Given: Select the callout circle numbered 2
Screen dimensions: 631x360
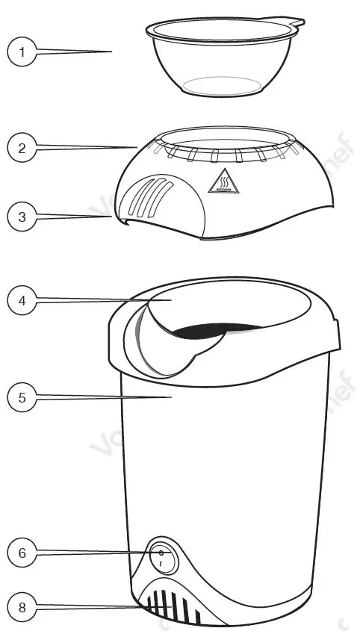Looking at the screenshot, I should coord(22,148).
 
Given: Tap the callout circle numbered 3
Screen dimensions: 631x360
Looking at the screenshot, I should coord(22,217).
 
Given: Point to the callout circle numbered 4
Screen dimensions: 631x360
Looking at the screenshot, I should coord(22,301).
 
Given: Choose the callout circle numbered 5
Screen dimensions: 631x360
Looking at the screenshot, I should coord(22,398).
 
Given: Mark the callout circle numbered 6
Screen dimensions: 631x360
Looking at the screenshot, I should coord(22,553).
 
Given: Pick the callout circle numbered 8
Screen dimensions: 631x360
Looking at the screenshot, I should coord(22,607).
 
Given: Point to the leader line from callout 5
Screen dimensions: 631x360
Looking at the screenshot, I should coord(105,399).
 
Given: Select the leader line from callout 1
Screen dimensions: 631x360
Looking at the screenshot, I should coord(75,52).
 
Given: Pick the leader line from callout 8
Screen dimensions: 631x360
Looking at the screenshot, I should coord(90,606).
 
